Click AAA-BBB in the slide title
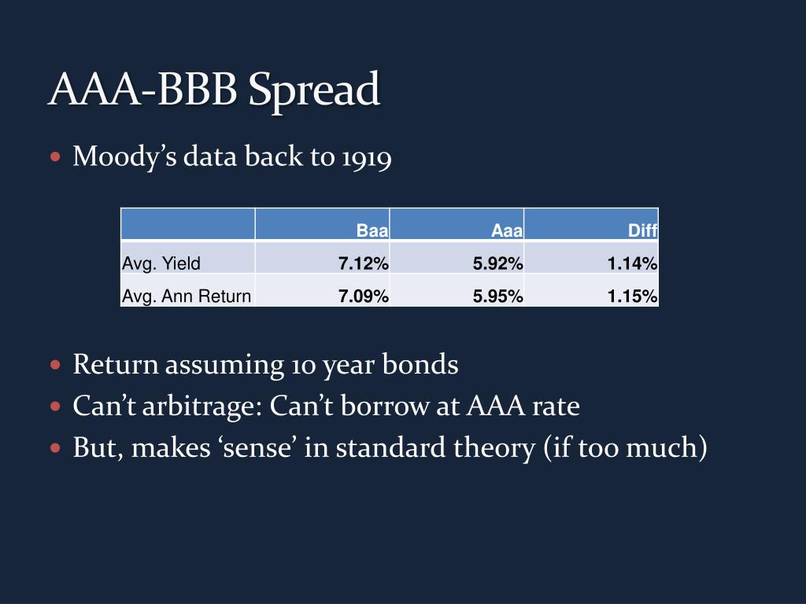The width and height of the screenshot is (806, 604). tap(144, 89)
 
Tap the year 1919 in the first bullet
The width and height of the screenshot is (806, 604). tap(366, 157)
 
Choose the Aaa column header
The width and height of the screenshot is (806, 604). tap(507, 231)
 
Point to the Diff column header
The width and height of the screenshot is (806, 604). tap(642, 231)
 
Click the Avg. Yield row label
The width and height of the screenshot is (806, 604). tap(161, 264)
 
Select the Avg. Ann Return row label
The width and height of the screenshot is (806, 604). tap(187, 296)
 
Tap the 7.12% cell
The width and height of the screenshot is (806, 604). tap(363, 264)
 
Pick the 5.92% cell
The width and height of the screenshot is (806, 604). tap(497, 264)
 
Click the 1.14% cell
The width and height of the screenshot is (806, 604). tap(632, 264)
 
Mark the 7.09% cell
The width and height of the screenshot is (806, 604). tap(363, 296)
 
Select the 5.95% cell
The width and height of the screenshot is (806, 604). tap(497, 296)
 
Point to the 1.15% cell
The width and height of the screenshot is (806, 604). tap(632, 296)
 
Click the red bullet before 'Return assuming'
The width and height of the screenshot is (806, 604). tap(55, 366)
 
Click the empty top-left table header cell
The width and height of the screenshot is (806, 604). tap(187, 224)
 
